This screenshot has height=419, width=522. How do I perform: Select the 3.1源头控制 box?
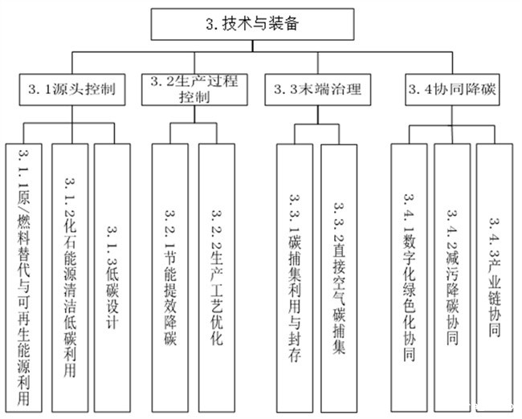click(x=74, y=89)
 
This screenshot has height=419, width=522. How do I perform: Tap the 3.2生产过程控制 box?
click(x=192, y=89)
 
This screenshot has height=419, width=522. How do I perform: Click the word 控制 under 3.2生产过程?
click(x=192, y=97)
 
